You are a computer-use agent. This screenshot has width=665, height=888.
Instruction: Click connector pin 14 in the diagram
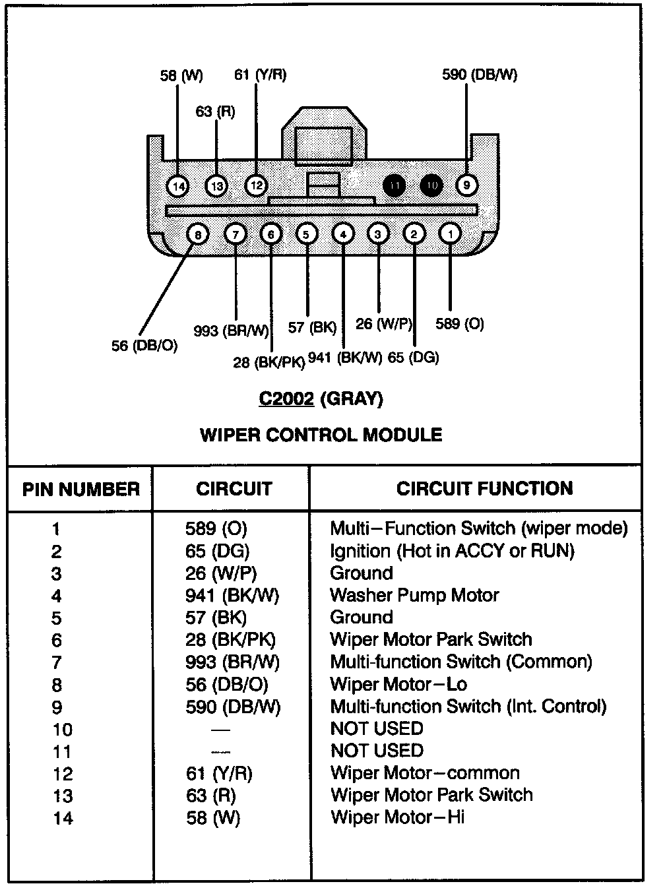(x=177, y=187)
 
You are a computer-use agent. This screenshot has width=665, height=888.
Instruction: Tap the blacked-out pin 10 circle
(x=431, y=186)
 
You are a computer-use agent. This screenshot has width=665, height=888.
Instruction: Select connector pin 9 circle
(x=466, y=185)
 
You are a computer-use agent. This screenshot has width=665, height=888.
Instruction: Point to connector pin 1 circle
(x=450, y=234)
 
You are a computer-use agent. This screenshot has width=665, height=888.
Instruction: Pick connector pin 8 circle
(x=198, y=234)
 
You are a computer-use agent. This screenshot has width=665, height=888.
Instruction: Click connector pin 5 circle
(x=306, y=234)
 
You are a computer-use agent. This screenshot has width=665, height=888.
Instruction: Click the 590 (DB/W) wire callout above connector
(x=480, y=75)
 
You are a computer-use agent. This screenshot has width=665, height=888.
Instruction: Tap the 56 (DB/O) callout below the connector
(x=144, y=345)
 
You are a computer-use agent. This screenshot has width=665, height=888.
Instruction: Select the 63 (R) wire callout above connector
(x=215, y=111)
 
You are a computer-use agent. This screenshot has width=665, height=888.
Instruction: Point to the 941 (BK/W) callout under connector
(x=345, y=358)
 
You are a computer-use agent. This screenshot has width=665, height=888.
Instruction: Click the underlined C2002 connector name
(x=286, y=398)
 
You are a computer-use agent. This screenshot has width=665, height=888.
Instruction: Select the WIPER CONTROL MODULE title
(x=321, y=435)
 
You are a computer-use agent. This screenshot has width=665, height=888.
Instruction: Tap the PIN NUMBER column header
(x=80, y=490)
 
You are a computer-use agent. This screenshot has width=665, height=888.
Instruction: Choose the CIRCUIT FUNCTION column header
(x=484, y=489)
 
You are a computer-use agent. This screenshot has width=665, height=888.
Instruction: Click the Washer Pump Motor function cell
(x=414, y=595)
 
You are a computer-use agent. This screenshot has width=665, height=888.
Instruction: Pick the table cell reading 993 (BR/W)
(x=232, y=662)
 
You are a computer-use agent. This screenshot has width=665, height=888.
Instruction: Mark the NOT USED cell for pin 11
(x=377, y=751)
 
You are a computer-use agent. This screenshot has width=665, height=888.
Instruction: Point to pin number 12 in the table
(x=63, y=774)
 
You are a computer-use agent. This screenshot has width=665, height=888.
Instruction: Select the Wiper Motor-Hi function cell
(x=397, y=817)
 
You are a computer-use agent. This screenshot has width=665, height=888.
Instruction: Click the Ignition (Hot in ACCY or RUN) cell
(x=452, y=551)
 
